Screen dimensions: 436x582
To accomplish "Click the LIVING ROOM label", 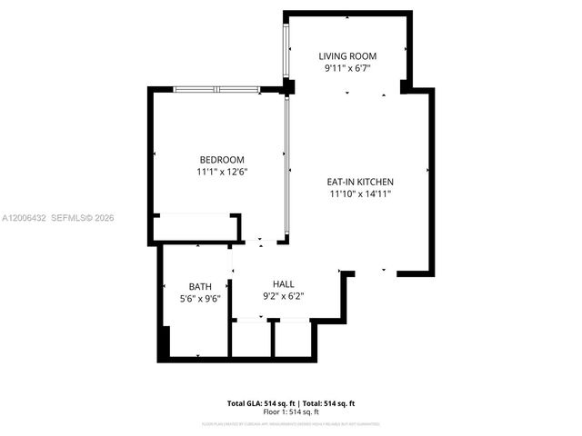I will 347,56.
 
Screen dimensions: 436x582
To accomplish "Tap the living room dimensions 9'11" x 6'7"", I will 347,68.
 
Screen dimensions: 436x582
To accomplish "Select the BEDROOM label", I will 222,160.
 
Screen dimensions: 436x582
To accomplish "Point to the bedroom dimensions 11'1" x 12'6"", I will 222,172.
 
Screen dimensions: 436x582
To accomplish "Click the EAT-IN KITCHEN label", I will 360,181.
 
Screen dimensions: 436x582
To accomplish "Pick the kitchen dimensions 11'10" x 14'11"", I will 360,193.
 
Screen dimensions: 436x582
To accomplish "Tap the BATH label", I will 200,286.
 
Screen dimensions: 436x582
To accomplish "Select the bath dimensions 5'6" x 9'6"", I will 200,298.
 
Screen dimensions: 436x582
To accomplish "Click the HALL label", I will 271,283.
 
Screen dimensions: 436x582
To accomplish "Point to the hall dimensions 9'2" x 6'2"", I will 271,295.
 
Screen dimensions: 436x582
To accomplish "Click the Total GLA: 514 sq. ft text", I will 257,402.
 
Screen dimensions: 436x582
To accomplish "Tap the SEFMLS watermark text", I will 82,218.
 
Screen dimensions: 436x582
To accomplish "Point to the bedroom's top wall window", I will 216,89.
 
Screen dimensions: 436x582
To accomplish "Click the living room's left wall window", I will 287,50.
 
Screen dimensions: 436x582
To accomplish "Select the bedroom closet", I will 196,227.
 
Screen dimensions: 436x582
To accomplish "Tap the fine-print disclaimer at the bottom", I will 290,423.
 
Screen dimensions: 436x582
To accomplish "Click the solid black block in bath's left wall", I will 164,343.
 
